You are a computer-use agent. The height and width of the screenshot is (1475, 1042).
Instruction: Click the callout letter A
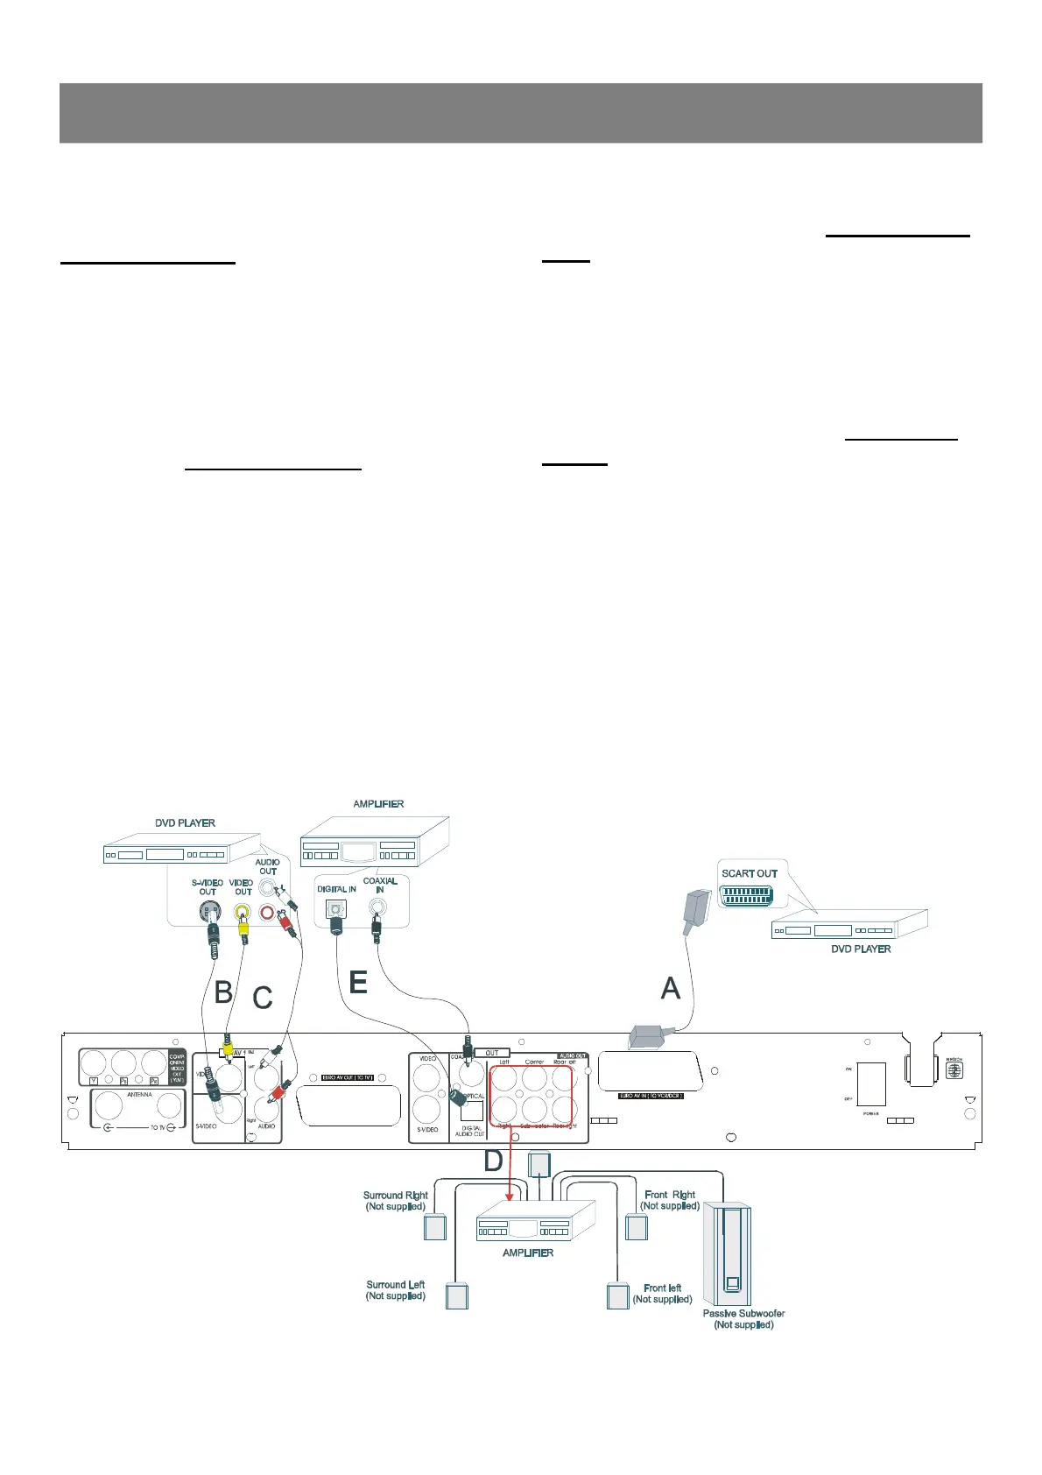(x=670, y=988)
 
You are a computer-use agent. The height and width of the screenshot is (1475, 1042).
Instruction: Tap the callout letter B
(x=223, y=992)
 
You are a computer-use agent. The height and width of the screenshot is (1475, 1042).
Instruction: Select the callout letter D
(x=493, y=1161)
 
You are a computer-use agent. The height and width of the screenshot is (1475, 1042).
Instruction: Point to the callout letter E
(x=357, y=983)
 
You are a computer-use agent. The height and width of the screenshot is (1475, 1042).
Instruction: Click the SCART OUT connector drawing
(x=750, y=895)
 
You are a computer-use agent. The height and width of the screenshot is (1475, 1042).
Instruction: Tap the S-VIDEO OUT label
(x=208, y=887)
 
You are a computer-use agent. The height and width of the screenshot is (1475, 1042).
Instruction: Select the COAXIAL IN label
(x=380, y=885)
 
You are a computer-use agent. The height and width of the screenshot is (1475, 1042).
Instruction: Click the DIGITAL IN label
(x=336, y=889)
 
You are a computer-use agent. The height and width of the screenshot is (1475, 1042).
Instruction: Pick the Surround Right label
(x=396, y=1201)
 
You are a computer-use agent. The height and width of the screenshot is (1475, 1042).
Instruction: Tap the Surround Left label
(x=396, y=1290)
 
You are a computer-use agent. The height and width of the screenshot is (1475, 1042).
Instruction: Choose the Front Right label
(x=670, y=1200)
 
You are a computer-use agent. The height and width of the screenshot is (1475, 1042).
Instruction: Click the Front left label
(x=663, y=1294)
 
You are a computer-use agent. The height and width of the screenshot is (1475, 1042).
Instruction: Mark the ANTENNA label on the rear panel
(x=139, y=1094)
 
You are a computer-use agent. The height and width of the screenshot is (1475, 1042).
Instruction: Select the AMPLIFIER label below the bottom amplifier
(x=528, y=1253)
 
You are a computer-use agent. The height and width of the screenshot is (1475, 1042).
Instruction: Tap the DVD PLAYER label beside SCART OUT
(x=861, y=949)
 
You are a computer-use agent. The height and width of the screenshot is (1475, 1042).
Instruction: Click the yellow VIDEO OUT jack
(x=242, y=912)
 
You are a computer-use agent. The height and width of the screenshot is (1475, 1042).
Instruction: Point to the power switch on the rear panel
(x=871, y=1084)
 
